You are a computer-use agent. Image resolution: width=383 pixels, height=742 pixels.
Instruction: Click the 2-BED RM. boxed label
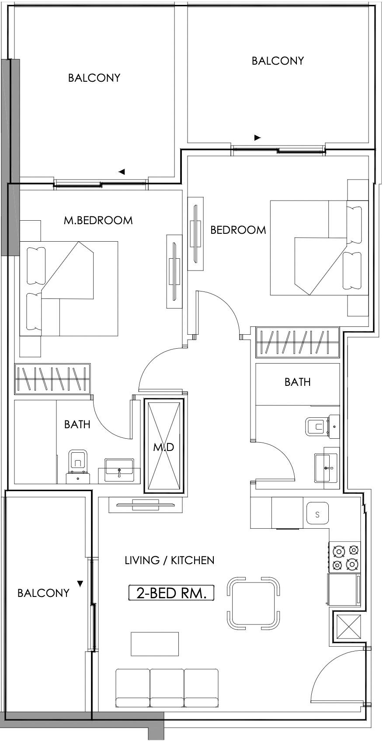point(171,593)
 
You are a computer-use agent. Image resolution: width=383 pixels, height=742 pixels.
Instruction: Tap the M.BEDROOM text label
point(98,221)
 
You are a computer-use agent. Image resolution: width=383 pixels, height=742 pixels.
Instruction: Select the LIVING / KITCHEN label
point(170,560)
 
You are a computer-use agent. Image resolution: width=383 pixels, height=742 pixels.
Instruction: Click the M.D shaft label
point(164,447)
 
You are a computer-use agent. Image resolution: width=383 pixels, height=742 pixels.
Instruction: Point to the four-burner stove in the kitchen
point(345,557)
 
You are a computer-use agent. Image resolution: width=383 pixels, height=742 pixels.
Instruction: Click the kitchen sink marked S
point(318,514)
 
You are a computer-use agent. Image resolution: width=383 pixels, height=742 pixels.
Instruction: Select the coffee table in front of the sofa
point(155,644)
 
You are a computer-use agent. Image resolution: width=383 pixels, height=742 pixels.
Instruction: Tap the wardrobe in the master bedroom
point(52,379)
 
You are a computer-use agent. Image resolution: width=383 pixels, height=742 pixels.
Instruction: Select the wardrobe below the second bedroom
point(297,343)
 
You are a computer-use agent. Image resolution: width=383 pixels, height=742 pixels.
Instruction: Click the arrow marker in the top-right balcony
point(258,138)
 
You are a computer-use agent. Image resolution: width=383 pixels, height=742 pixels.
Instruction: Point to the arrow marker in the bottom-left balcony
point(80,584)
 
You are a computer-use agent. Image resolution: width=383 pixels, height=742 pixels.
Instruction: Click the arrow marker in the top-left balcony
point(122,172)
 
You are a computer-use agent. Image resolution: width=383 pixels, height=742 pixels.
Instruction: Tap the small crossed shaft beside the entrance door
point(348,626)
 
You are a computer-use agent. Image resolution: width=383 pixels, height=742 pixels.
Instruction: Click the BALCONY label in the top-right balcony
point(278,61)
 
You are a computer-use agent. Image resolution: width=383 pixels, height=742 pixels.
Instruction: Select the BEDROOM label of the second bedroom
point(238,230)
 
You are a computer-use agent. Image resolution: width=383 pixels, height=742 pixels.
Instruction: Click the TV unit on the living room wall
point(146,505)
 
